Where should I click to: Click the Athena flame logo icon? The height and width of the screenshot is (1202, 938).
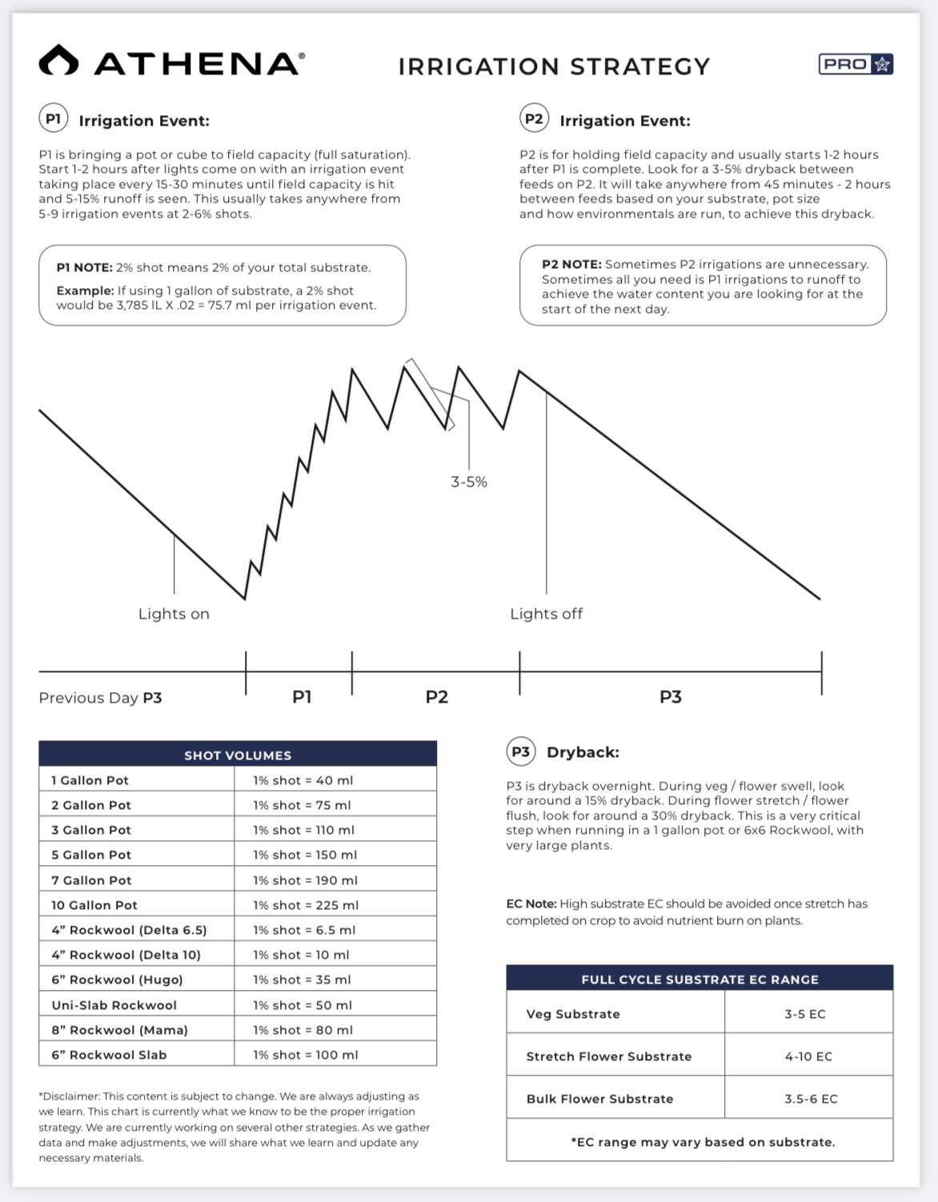point(58,61)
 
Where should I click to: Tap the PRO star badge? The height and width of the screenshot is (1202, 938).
point(856,64)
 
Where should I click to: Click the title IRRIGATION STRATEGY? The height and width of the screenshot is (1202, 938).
point(554,66)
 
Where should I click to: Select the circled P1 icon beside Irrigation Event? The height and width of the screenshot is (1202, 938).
point(54,119)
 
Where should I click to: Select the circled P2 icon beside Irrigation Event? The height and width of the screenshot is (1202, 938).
point(534,119)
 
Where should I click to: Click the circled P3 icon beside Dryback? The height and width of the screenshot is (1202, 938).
point(520,752)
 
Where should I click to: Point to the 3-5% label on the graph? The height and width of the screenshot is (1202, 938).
point(469,482)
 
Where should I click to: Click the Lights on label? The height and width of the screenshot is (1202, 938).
point(174,614)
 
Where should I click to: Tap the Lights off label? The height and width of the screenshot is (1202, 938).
point(547,614)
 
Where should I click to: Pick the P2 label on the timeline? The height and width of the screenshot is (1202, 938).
point(437,697)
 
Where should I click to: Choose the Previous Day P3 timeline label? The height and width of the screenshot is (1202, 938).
point(100,698)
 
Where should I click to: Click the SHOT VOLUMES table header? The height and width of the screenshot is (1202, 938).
point(238,755)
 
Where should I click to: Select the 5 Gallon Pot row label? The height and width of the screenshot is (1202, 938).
point(91,855)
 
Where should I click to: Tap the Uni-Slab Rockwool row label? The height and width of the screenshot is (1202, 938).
point(114,1005)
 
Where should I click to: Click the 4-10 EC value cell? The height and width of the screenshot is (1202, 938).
point(808,1056)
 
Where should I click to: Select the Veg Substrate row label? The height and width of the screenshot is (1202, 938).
point(573,1014)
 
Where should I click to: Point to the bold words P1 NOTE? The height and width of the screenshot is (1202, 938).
point(84,267)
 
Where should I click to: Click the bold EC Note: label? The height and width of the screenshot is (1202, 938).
point(531,904)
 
